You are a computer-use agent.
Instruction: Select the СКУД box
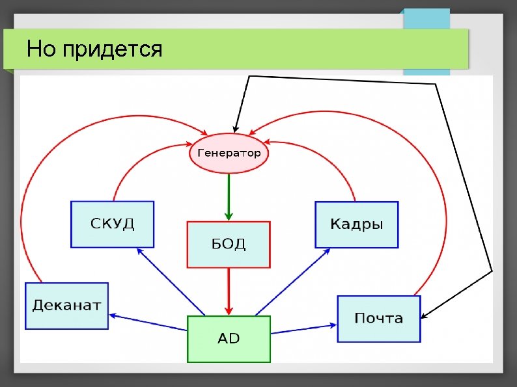[112, 224]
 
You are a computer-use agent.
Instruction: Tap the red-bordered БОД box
[228, 245]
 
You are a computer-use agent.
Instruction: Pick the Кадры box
[356, 224]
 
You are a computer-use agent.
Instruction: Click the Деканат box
[66, 306]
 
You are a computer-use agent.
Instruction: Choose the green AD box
[228, 339]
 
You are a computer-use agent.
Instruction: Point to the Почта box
[378, 318]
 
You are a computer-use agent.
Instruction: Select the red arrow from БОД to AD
[229, 290]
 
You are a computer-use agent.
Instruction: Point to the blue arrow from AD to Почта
[303, 328]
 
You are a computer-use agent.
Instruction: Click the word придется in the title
[113, 49]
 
